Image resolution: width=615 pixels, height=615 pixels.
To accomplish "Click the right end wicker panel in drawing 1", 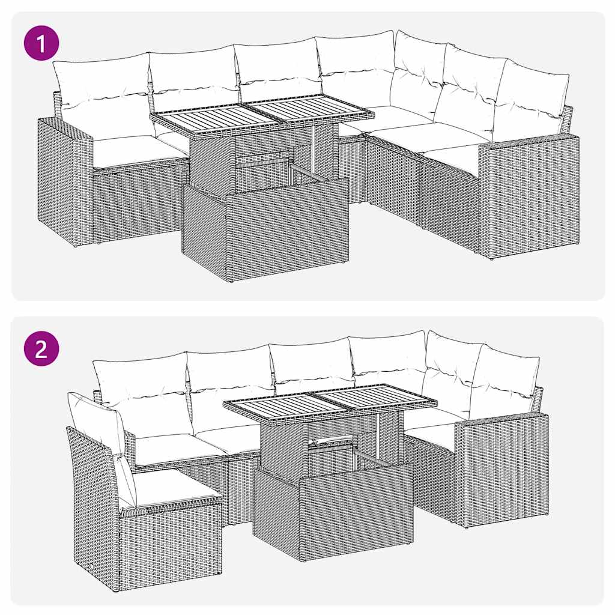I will click(x=529, y=195).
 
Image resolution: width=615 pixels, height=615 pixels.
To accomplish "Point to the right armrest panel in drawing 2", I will click(x=501, y=468).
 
